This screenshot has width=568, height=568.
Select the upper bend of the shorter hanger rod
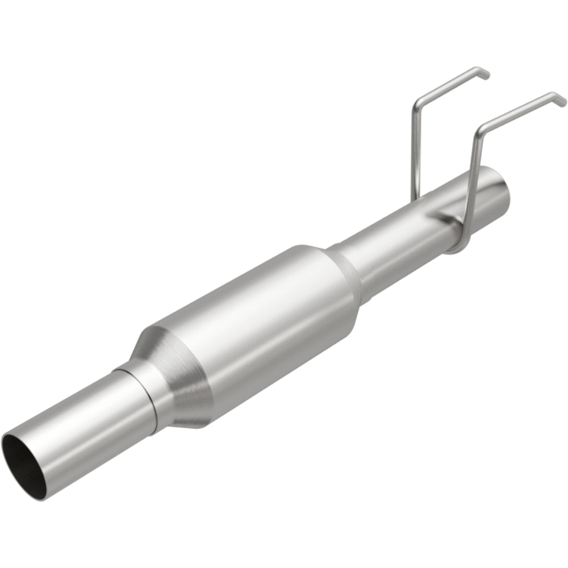coord(417,103)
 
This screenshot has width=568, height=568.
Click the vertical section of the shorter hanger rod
coord(414,153)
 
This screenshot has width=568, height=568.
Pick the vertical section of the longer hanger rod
coord(473,182)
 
